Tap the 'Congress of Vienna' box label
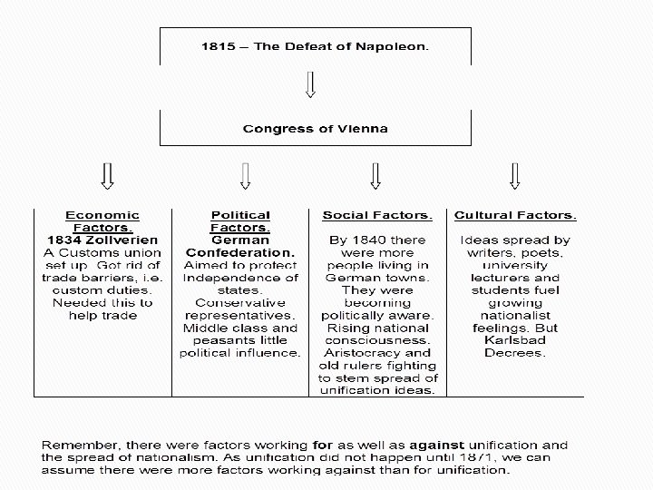click(316, 128)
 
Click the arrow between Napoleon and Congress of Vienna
click(311, 84)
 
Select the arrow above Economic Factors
click(107, 176)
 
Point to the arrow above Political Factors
click(244, 176)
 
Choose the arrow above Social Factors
click(375, 176)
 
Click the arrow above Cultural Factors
click(515, 176)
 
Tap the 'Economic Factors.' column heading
click(102, 220)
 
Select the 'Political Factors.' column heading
click(240, 220)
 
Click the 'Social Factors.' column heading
click(377, 215)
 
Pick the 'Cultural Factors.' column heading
click(515, 215)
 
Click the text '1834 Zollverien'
click(102, 240)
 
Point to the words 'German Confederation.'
click(240, 245)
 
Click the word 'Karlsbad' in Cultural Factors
click(515, 340)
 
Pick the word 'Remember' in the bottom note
click(73, 446)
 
